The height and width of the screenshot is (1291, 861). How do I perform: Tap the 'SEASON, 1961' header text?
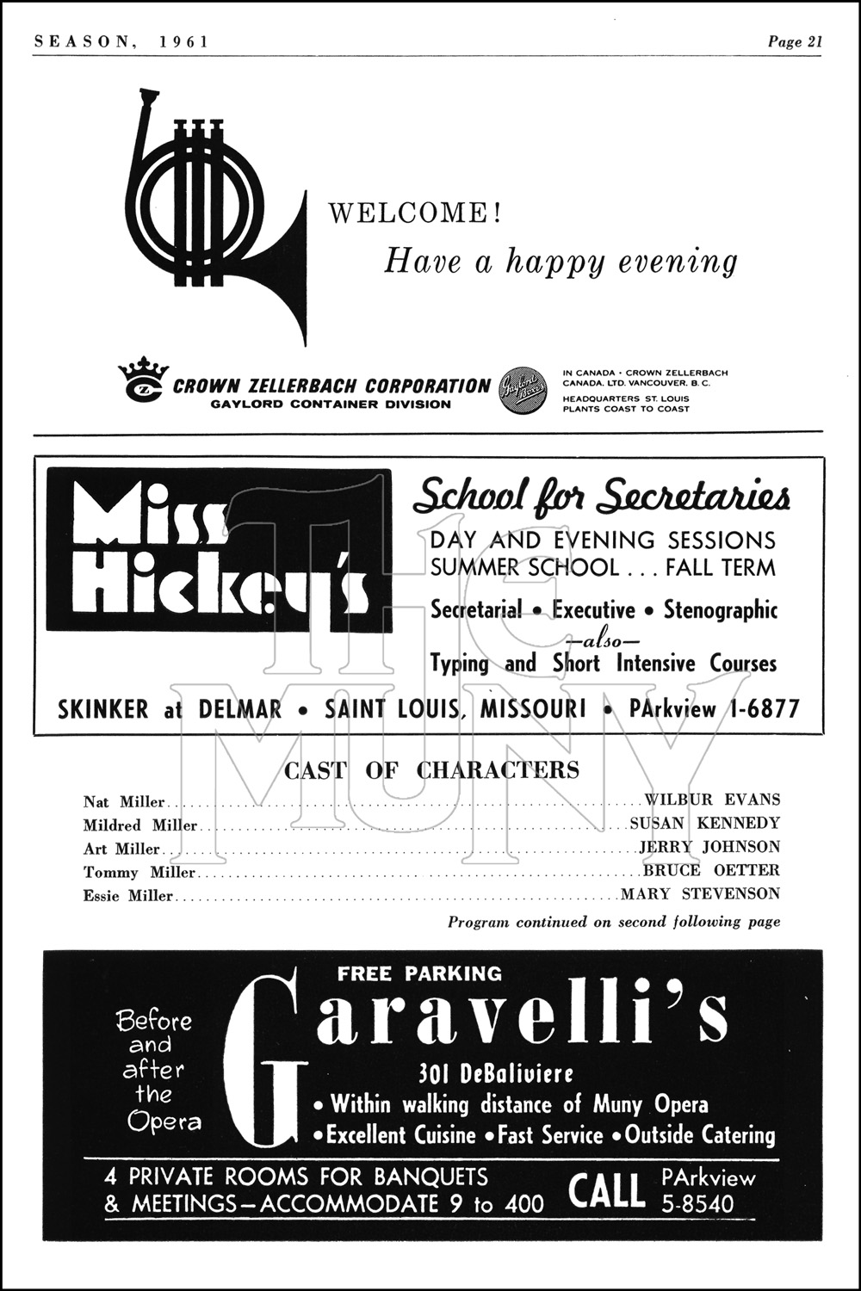click(x=121, y=42)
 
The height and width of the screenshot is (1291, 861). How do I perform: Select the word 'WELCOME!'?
click(x=414, y=213)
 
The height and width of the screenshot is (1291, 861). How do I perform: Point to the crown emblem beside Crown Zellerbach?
click(x=143, y=380)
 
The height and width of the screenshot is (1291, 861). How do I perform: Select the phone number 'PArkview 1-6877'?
click(x=715, y=709)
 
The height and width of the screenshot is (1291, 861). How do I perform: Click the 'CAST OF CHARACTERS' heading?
click(x=431, y=769)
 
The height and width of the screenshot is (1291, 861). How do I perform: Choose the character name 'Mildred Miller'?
click(x=140, y=825)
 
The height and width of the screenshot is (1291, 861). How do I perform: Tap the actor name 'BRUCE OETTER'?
click(x=711, y=871)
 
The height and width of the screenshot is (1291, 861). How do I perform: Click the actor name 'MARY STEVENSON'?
click(x=700, y=894)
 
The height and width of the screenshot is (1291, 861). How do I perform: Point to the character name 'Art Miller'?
click(x=121, y=849)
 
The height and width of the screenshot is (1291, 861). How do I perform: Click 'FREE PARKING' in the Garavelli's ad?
click(x=419, y=973)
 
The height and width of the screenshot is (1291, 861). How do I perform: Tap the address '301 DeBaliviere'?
click(x=495, y=1074)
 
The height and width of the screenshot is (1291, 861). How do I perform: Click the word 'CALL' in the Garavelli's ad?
click(x=606, y=1191)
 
